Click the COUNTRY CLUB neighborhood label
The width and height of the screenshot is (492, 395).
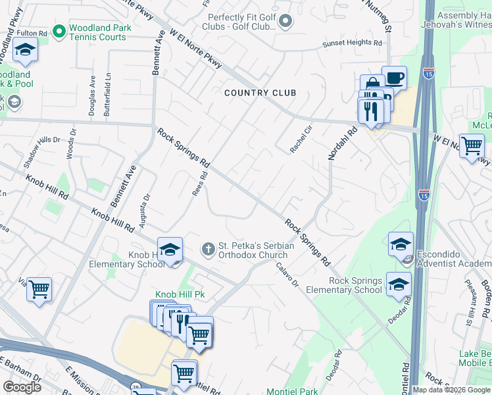[x=260, y=93]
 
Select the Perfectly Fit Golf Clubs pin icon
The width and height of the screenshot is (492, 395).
[x=285, y=22]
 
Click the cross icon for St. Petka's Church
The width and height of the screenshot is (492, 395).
[x=208, y=249]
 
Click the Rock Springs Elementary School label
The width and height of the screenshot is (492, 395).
[x=355, y=285]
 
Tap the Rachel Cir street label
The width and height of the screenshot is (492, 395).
[x=300, y=140]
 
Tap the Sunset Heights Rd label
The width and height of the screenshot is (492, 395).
[x=351, y=44]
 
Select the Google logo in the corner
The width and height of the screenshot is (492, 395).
[x=22, y=387]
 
